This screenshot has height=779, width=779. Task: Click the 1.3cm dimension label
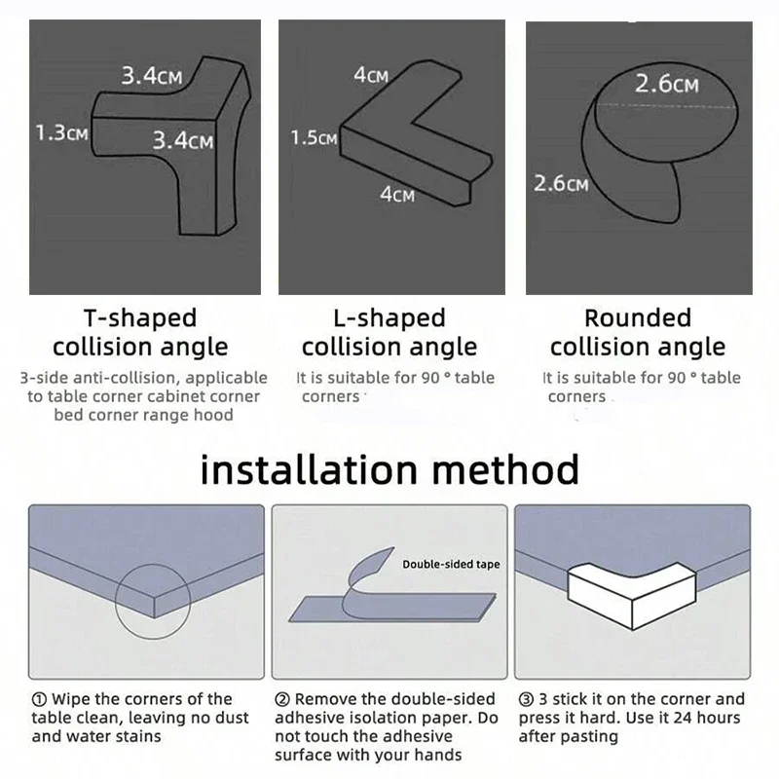coord(61,132)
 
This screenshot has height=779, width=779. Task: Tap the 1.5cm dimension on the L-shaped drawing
coord(314,138)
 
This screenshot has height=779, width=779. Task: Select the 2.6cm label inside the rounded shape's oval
coord(667,85)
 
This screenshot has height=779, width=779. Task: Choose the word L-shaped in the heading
coord(389,318)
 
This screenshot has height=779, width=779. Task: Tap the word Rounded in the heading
coord(637,318)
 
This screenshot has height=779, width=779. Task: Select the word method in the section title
coord(514,469)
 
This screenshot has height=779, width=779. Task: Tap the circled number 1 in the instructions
coord(38,699)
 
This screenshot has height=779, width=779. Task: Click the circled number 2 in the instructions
coord(281,699)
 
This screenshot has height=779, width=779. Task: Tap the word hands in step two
coord(435,755)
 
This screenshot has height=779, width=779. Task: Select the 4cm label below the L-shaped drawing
coord(396,196)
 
